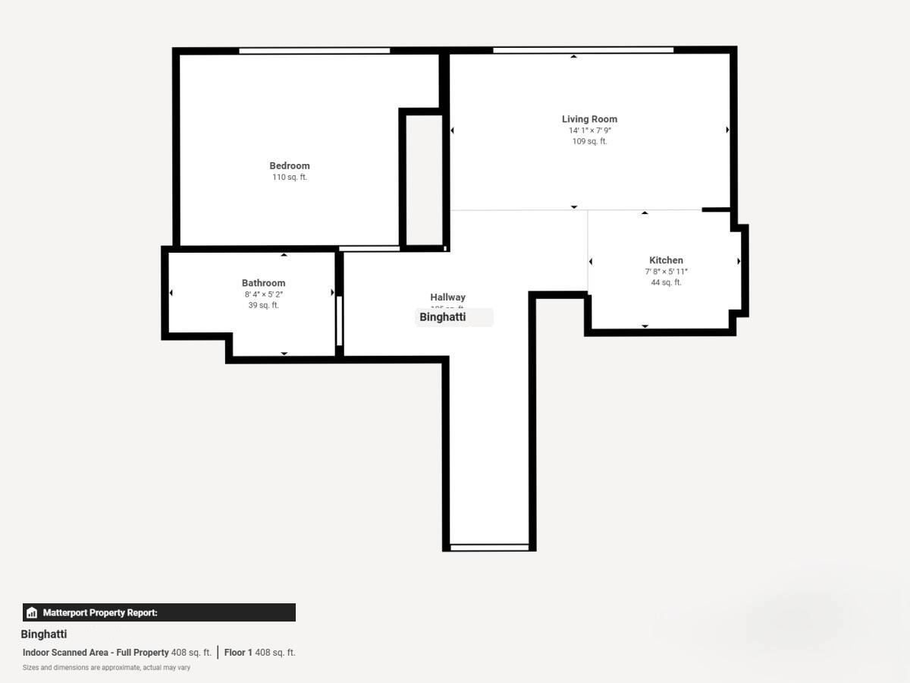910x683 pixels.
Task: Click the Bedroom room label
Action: point(290,165)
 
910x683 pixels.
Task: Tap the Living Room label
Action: point(589,119)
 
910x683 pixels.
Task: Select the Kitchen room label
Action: point(666,260)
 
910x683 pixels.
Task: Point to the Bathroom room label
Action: point(264,283)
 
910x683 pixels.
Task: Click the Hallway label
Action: point(448,297)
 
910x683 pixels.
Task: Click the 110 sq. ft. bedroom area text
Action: point(290,178)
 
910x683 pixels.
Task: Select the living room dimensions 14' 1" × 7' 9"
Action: point(590,131)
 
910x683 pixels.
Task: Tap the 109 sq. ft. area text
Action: point(589,142)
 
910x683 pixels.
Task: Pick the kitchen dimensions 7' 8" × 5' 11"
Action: point(666,272)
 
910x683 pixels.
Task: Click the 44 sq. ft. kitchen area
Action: point(666,283)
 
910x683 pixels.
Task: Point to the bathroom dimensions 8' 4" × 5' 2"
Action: point(264,294)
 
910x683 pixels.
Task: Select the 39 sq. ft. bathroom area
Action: point(264,306)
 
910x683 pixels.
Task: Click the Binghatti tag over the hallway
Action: point(453,317)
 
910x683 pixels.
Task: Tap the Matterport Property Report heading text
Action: point(100,612)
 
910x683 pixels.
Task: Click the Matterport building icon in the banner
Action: point(32,612)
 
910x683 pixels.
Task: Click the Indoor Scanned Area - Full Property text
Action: point(96,653)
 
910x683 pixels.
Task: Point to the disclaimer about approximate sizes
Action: point(106,668)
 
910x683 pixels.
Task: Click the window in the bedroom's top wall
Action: point(315,51)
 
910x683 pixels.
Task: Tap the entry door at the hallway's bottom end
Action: point(489,546)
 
